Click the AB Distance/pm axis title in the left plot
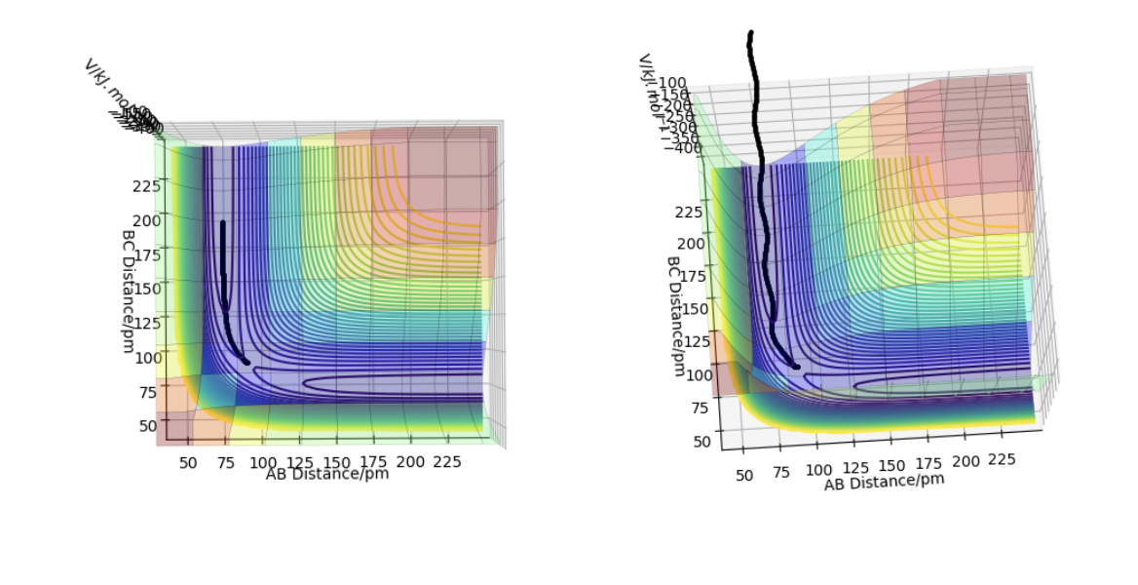point(326,475)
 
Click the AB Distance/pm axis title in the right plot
point(884,482)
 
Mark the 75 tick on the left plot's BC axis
point(147,392)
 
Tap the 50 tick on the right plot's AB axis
point(743,477)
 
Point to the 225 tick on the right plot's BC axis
point(687,213)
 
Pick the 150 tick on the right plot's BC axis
point(694,309)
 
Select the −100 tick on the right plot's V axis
point(671,84)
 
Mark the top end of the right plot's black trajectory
point(750,34)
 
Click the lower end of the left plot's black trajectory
point(247,362)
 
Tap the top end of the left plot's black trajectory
point(223,223)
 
